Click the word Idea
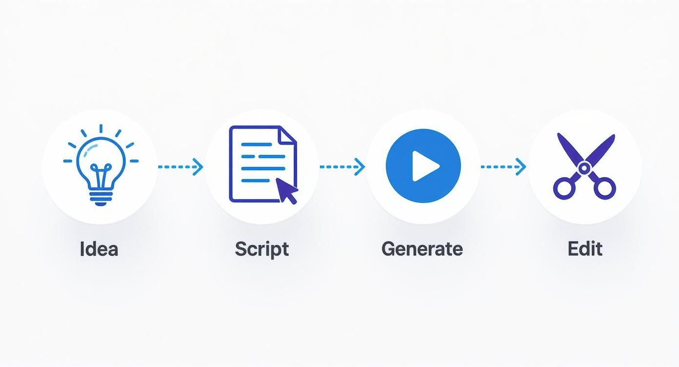point(99,249)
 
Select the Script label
point(262,249)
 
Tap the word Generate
point(422,249)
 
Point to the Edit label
point(585,249)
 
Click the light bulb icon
point(101,165)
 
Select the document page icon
point(262,164)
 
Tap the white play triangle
point(425,166)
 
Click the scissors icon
point(584,166)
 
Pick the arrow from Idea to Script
point(180,166)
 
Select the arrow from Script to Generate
point(342,166)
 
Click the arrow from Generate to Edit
point(503,166)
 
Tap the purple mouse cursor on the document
point(286,190)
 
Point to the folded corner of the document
point(287,135)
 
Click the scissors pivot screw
point(584,167)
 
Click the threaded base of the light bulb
point(101,198)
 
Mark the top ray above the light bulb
point(101,128)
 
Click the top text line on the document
point(257,144)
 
